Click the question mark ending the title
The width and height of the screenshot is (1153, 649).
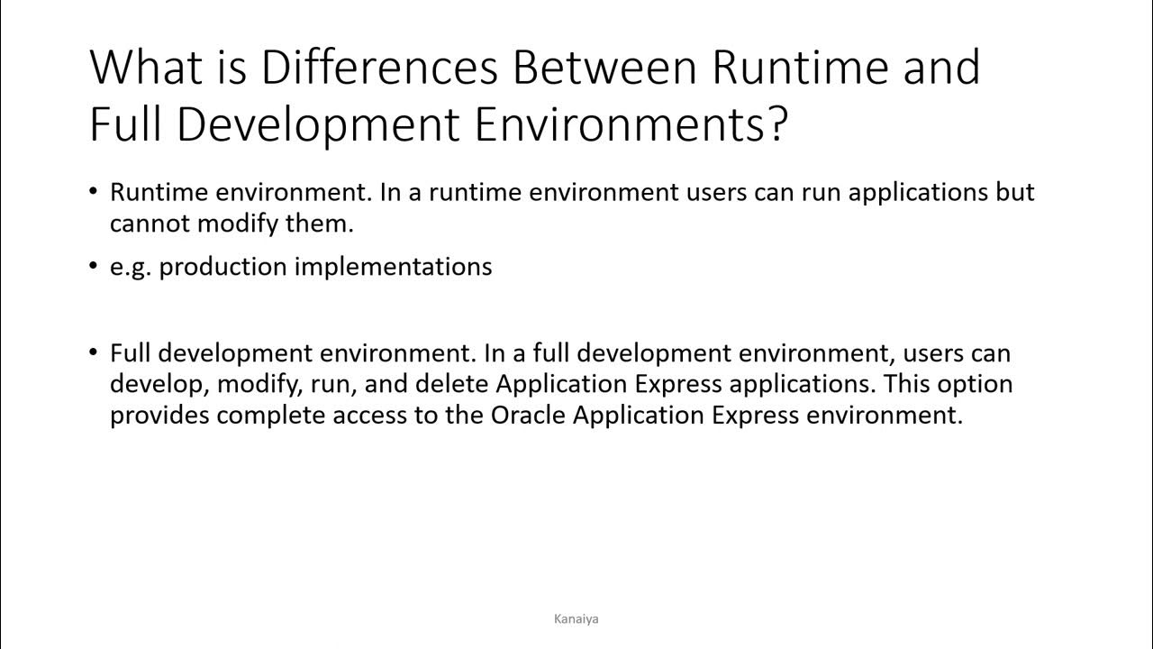[777, 124]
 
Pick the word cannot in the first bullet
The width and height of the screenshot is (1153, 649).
[150, 224]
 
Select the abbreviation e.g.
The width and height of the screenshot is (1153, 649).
[132, 267]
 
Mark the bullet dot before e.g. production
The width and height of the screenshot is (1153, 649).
[95, 267]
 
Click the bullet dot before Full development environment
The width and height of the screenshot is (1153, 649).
[95, 352]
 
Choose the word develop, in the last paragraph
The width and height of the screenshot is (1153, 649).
[159, 384]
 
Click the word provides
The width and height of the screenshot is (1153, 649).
[159, 416]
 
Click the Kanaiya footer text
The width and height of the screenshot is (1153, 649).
[576, 618]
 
